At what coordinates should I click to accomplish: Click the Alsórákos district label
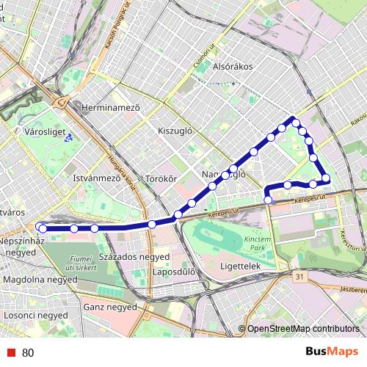coord(232,66)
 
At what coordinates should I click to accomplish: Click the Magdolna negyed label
coord(40,280)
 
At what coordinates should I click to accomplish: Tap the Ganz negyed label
coord(111,307)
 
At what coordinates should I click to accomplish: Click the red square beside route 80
coord(12,352)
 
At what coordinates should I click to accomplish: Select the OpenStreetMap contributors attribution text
coord(302,330)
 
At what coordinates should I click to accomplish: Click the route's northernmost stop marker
coord(294,120)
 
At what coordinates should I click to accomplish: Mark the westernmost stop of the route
coord(42,229)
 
